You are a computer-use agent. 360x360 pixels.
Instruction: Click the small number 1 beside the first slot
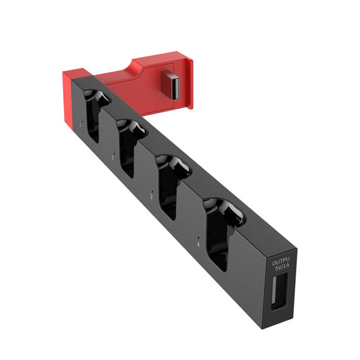(x=81, y=124)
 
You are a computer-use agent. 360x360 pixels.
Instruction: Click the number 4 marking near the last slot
(x=197, y=242)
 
